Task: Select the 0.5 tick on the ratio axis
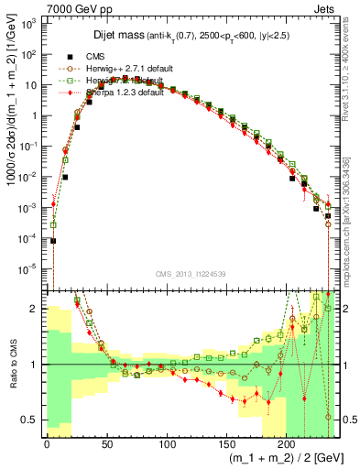pyautogui.click(x=30, y=420)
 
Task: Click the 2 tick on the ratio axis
pyautogui.click(x=35, y=309)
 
